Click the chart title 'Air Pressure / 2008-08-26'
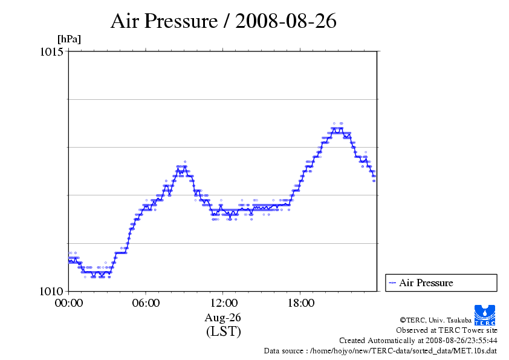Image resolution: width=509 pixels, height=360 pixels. click(223, 21)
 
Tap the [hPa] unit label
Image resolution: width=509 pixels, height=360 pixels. click(69, 39)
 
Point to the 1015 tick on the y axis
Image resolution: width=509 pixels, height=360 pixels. click(51, 51)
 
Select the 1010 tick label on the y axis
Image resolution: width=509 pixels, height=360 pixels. click(51, 291)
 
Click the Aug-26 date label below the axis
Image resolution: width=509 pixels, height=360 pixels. click(223, 318)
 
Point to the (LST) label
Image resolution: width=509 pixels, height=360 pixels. click(223, 332)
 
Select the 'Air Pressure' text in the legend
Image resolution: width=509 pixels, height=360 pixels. click(426, 283)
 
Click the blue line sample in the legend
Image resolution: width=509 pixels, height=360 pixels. click(392, 283)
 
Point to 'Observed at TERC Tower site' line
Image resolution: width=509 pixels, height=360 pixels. click(447, 330)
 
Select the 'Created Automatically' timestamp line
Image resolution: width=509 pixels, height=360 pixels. click(418, 340)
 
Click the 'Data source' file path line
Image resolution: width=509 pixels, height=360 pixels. click(380, 350)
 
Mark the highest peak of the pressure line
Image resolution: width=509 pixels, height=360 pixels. click(337, 128)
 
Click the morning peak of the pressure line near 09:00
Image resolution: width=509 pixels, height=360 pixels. click(181, 166)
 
